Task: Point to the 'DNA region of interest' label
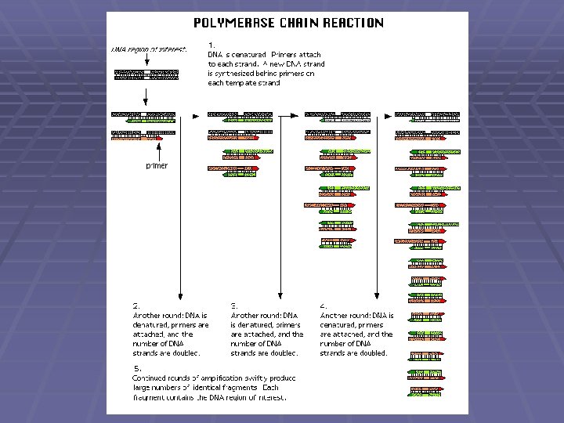tap(148, 50)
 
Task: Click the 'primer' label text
tap(157, 166)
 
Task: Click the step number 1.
tap(211, 44)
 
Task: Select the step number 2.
tap(136, 305)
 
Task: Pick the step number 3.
tap(233, 305)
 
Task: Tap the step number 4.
tap(323, 305)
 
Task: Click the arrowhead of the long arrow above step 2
tap(182, 293)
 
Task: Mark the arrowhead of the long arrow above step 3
tap(280, 293)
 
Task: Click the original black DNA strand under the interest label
tap(146, 74)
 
